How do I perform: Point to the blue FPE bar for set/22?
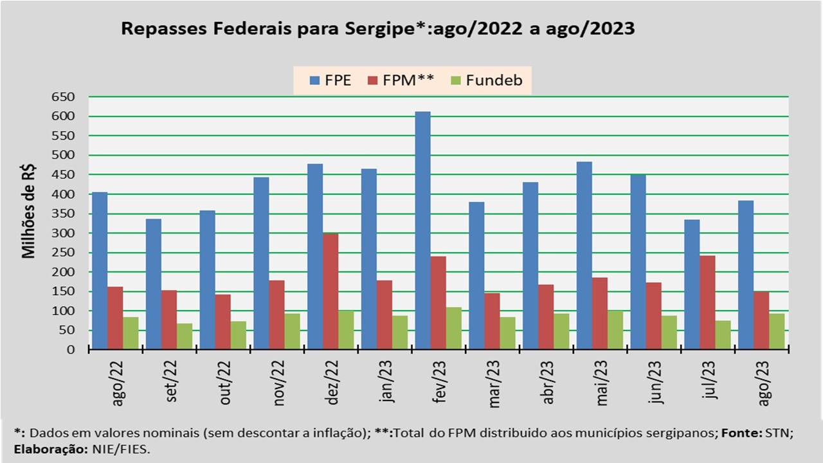[x=153, y=284]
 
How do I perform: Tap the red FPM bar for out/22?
[x=222, y=322]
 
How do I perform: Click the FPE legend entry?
[x=330, y=80]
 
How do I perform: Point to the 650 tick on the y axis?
[x=64, y=97]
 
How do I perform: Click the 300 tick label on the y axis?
[x=64, y=233]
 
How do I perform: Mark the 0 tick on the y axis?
[x=71, y=350]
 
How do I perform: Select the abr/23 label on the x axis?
[x=548, y=383]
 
